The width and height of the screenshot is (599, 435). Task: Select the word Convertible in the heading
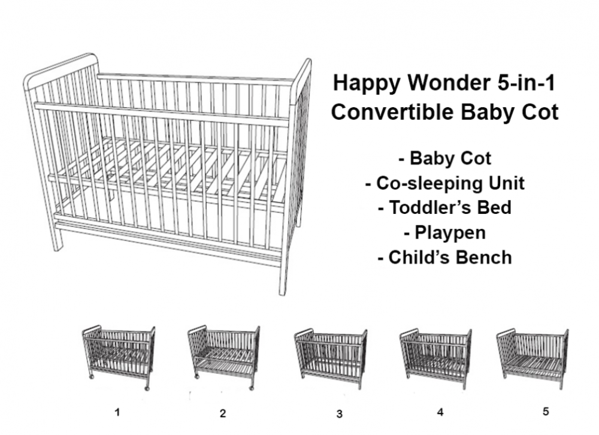(392, 112)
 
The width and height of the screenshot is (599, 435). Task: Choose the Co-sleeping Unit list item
(444, 183)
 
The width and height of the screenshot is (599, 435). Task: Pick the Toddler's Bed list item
(444, 207)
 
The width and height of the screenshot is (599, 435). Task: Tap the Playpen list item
(444, 233)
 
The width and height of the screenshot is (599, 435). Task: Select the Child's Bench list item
(444, 257)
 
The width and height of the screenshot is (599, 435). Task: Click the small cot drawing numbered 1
(119, 357)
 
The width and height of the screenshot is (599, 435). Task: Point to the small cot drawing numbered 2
(224, 357)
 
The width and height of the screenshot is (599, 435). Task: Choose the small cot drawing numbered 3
(331, 358)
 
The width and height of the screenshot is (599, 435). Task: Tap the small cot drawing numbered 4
(436, 358)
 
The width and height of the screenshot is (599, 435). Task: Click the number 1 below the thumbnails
(117, 412)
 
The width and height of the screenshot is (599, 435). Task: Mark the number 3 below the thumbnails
(339, 413)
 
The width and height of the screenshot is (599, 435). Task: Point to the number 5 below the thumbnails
(546, 411)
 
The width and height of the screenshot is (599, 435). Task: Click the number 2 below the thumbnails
(223, 413)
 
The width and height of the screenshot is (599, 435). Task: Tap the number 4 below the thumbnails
(440, 412)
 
